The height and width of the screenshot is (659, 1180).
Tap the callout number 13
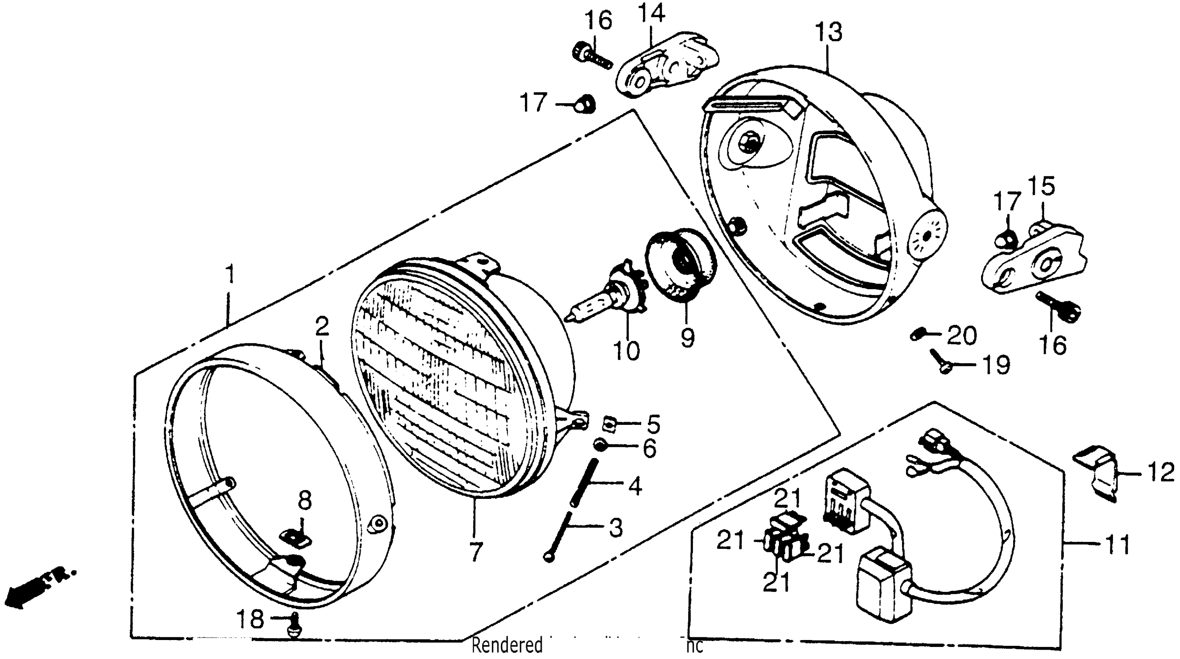tap(828, 33)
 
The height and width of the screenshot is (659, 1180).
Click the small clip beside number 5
tap(608, 424)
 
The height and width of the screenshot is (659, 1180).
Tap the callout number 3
tap(615, 527)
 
